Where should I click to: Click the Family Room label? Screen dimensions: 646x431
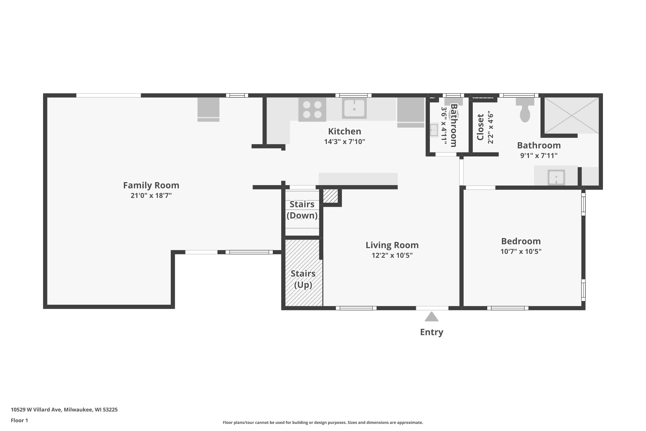tap(151, 186)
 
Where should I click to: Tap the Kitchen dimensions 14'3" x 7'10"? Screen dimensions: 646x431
tap(345, 142)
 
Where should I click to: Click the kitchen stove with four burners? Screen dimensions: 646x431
tap(312, 110)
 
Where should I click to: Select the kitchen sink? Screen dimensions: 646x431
tap(354, 109)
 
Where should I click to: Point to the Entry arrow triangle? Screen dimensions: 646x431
tap(432, 316)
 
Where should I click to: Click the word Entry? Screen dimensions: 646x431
tap(432, 332)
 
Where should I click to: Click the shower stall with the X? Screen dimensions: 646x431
tap(571, 116)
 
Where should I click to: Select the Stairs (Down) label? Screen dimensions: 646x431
tap(302, 210)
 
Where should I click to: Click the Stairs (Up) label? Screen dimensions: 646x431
tap(303, 279)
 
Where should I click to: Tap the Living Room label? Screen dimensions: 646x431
tap(392, 245)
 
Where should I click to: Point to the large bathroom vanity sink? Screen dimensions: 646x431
tap(556, 177)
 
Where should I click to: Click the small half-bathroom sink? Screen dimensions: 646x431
tap(434, 130)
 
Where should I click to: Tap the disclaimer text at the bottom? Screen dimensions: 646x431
tap(323, 422)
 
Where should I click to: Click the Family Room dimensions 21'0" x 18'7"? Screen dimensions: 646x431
tap(151, 196)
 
